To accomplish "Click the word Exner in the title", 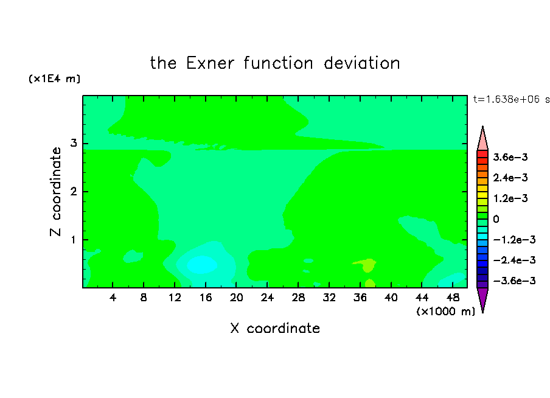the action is pos(210,63).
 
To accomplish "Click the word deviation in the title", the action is pos(361,63).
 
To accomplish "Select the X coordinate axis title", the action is pos(275,328).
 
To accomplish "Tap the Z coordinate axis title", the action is pos(56,192).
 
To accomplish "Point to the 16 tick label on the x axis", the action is pos(206,298).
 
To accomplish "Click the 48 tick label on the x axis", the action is pos(453,298).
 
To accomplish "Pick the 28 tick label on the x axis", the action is pos(298,298).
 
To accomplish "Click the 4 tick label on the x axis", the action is pos(113,298).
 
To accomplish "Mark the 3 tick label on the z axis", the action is pos(73,143).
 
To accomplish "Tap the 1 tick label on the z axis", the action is pos(73,240).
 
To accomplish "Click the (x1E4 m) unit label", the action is pos(54,79).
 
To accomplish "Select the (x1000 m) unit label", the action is pos(445,312).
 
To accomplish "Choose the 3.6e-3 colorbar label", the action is pos(510,157).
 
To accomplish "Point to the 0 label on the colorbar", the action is pos(496,219).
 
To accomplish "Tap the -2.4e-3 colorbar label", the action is pos(514,260).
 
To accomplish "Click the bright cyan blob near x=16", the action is pos(202,265).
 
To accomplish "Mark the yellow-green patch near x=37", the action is pos(367,265).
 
